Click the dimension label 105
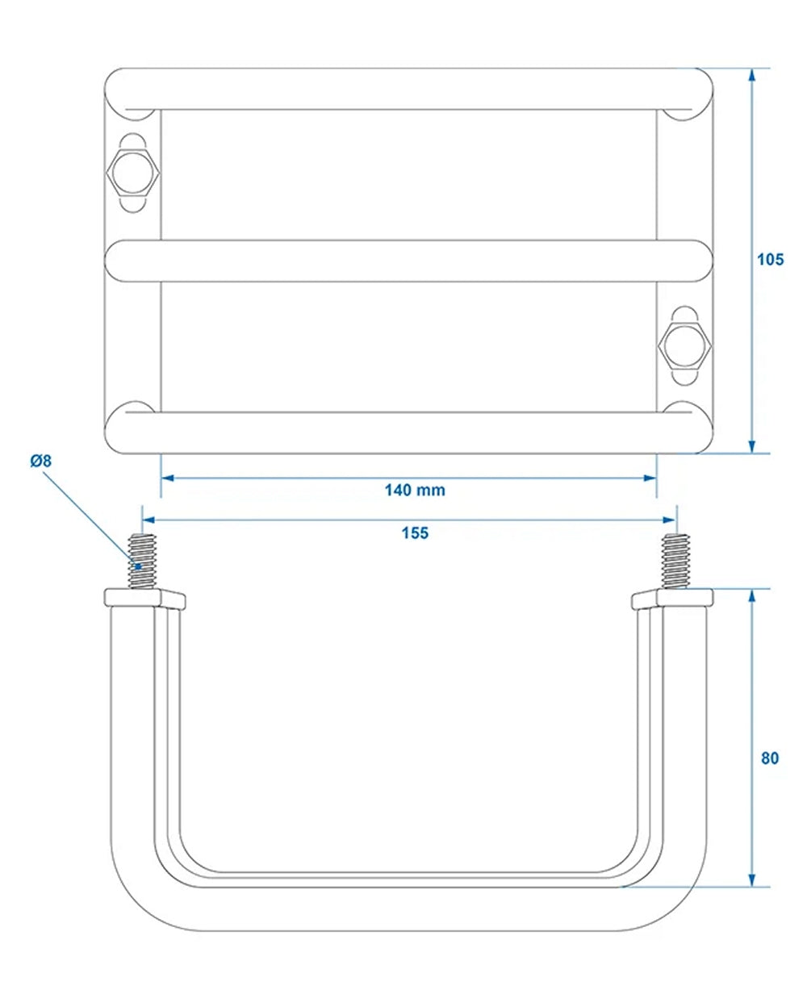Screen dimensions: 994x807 [x=770, y=260]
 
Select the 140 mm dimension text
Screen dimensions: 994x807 [x=415, y=490]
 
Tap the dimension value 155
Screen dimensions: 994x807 [x=415, y=532]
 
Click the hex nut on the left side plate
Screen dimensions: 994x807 [x=133, y=172]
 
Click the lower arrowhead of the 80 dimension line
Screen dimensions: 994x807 [x=752, y=879]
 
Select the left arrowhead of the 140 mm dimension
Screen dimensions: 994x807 [x=167, y=478]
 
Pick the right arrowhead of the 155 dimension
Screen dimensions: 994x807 [x=671, y=520]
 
